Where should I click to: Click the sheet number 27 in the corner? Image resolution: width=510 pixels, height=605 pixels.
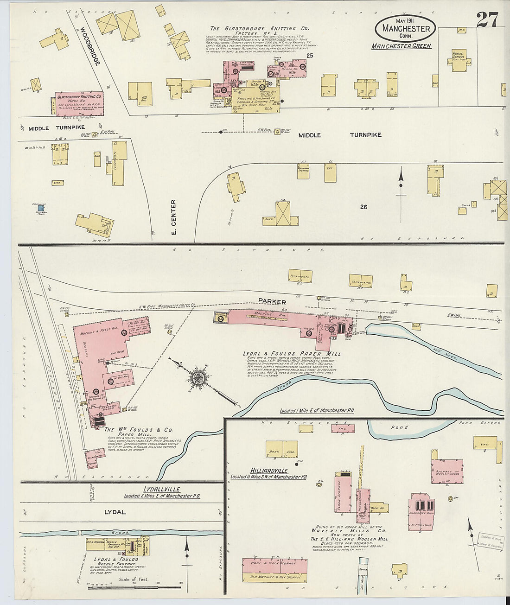coord(487,20)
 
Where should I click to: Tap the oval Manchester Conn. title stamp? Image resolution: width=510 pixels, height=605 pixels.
coord(406,27)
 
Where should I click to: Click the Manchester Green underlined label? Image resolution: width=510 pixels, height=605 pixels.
coord(402,46)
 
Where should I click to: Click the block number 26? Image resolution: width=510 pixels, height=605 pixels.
coord(363,207)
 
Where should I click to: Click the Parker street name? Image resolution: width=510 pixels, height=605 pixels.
coord(272,302)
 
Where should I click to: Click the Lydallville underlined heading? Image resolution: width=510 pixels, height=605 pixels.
coord(161,489)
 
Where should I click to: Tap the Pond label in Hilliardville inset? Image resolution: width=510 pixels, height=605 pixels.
coord(399,427)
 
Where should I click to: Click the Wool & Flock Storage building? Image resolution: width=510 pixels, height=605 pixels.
coord(274,563)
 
